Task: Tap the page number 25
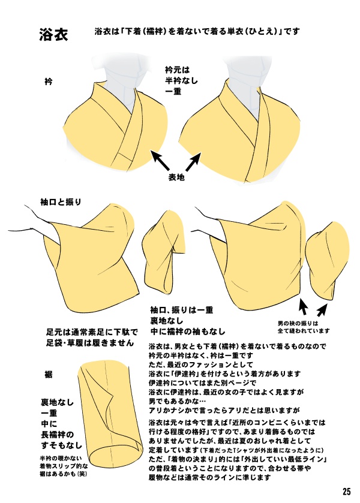click(347, 491)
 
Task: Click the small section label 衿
click(48, 80)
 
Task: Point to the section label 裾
click(48, 374)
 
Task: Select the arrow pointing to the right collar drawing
click(194, 161)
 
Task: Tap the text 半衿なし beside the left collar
click(181, 80)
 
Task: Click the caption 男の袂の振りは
click(304, 322)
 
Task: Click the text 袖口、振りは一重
click(182, 310)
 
